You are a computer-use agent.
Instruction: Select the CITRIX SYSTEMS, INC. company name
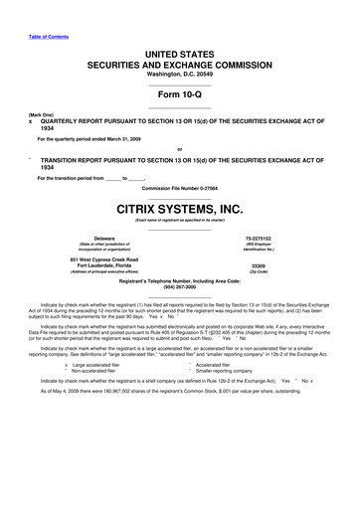coord(180,209)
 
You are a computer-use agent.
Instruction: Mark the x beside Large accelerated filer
coord(66,365)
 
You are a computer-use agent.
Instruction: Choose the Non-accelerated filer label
coord(96,372)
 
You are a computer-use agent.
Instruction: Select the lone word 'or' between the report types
coord(180,151)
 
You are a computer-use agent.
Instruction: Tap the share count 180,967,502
coord(112,392)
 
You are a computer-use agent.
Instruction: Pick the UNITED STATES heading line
coord(180,50)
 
